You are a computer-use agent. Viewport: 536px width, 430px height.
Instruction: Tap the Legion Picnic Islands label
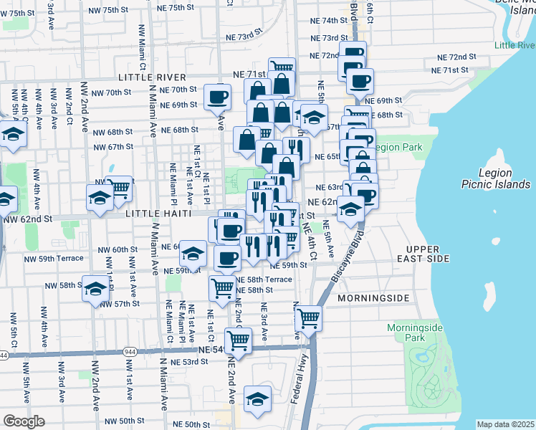click(x=504, y=179)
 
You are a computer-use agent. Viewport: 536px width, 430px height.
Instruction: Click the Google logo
click(x=24, y=421)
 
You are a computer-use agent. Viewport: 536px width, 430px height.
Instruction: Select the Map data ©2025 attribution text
click(x=505, y=424)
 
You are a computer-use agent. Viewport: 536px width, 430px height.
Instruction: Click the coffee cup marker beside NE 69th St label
click(x=217, y=97)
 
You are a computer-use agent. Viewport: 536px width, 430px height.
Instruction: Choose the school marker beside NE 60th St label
click(x=192, y=253)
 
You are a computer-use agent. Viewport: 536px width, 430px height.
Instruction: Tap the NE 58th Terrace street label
click(x=264, y=279)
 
